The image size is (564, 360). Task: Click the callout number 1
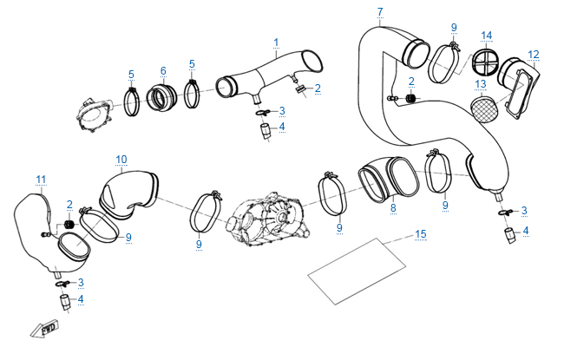[x=276, y=42]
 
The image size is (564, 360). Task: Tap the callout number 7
[x=379, y=11]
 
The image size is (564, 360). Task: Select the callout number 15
[x=421, y=234]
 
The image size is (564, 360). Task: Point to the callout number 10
[x=121, y=159]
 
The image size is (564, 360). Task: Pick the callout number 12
[x=534, y=55]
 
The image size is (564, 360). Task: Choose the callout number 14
[x=487, y=36]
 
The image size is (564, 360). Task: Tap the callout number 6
[x=162, y=70]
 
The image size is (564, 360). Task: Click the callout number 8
[x=392, y=208]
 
